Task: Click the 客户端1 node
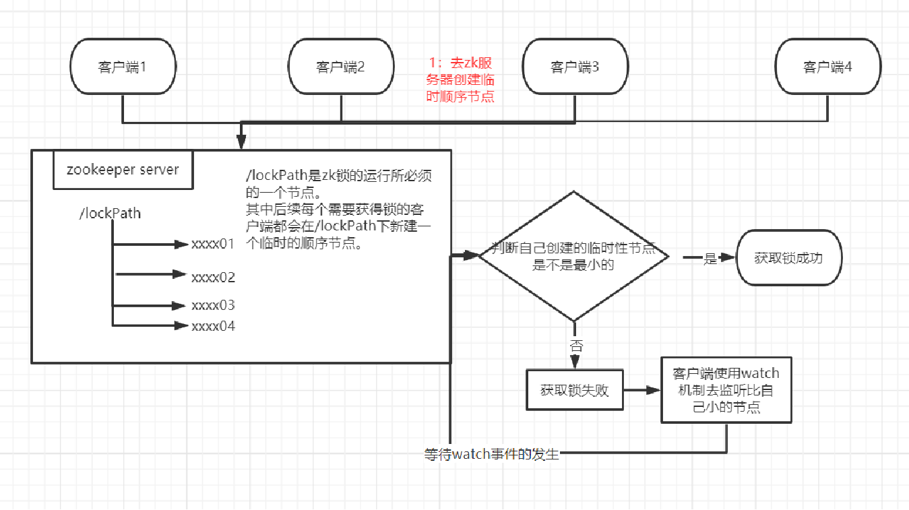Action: point(123,67)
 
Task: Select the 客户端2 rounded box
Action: point(340,67)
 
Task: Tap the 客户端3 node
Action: point(575,67)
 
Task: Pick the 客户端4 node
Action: point(827,67)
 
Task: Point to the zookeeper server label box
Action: point(123,170)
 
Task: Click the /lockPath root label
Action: point(111,214)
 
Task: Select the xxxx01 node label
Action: point(213,244)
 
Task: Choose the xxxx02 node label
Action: point(213,277)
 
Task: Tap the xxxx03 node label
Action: point(213,305)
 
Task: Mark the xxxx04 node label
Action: point(213,326)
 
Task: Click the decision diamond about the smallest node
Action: point(573,257)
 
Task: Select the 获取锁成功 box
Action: point(788,257)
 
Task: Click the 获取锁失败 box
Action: point(574,390)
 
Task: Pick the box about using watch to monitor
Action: point(726,390)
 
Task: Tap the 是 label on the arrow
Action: point(710,258)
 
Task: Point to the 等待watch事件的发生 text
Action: point(492,453)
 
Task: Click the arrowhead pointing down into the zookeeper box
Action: point(241,142)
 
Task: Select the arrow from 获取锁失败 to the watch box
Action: point(641,390)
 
